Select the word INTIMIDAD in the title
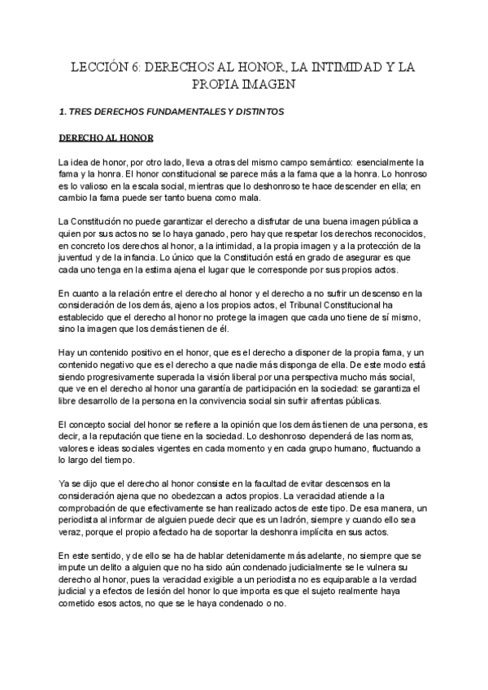coord(346,68)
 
